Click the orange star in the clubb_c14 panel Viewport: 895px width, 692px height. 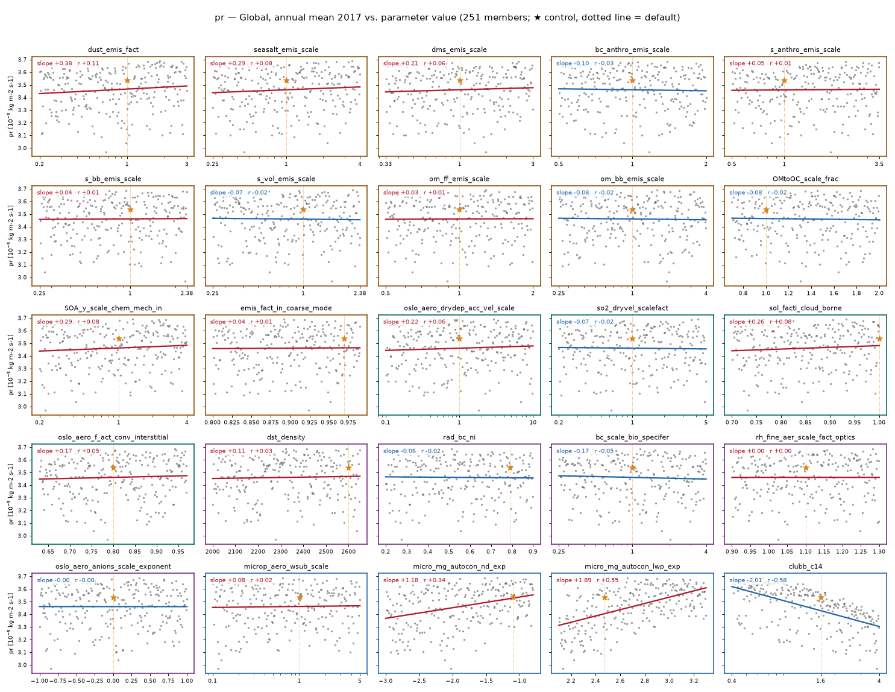pos(820,597)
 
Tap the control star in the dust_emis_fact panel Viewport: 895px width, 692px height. pos(127,80)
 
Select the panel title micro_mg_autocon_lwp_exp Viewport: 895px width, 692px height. pos(632,567)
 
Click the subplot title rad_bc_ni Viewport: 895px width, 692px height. pos(459,437)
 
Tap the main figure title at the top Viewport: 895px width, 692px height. pos(447,17)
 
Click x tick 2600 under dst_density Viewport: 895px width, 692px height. pos(348,551)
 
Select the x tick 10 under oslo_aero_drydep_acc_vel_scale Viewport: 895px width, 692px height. pos(533,422)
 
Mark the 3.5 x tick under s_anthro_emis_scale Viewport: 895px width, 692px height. pos(879,163)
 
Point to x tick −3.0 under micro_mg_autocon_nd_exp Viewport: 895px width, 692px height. pos(386,681)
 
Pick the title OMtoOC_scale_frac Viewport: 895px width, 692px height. pos(805,179)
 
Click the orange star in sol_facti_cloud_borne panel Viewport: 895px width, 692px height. pos(879,339)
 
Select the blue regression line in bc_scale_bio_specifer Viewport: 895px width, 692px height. pos(632,477)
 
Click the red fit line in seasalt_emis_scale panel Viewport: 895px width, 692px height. pos(286,89)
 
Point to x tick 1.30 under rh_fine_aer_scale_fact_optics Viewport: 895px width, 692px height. pos(879,551)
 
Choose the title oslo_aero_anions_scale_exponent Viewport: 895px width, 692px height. pos(113,567)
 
